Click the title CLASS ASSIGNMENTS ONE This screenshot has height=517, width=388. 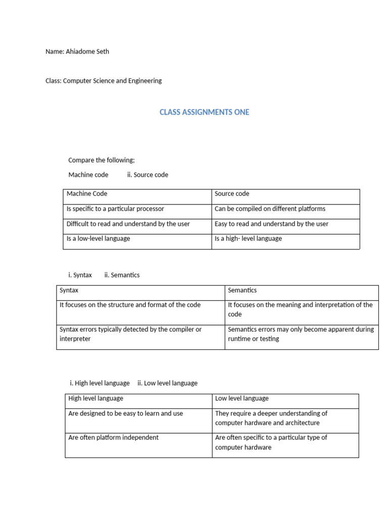[x=204, y=112]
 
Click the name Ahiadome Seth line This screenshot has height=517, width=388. [x=77, y=51]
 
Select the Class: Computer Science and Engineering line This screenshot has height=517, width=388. [x=104, y=81]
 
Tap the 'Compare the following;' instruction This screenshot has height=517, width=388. [x=102, y=161]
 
